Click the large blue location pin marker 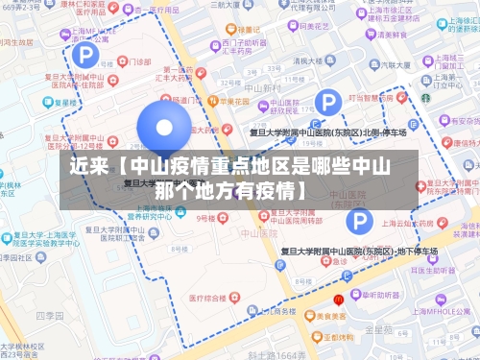click(164, 131)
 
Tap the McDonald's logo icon click(339, 274)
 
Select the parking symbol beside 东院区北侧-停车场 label click(328, 102)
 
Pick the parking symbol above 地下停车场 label click(359, 223)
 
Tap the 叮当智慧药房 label click(368, 97)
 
